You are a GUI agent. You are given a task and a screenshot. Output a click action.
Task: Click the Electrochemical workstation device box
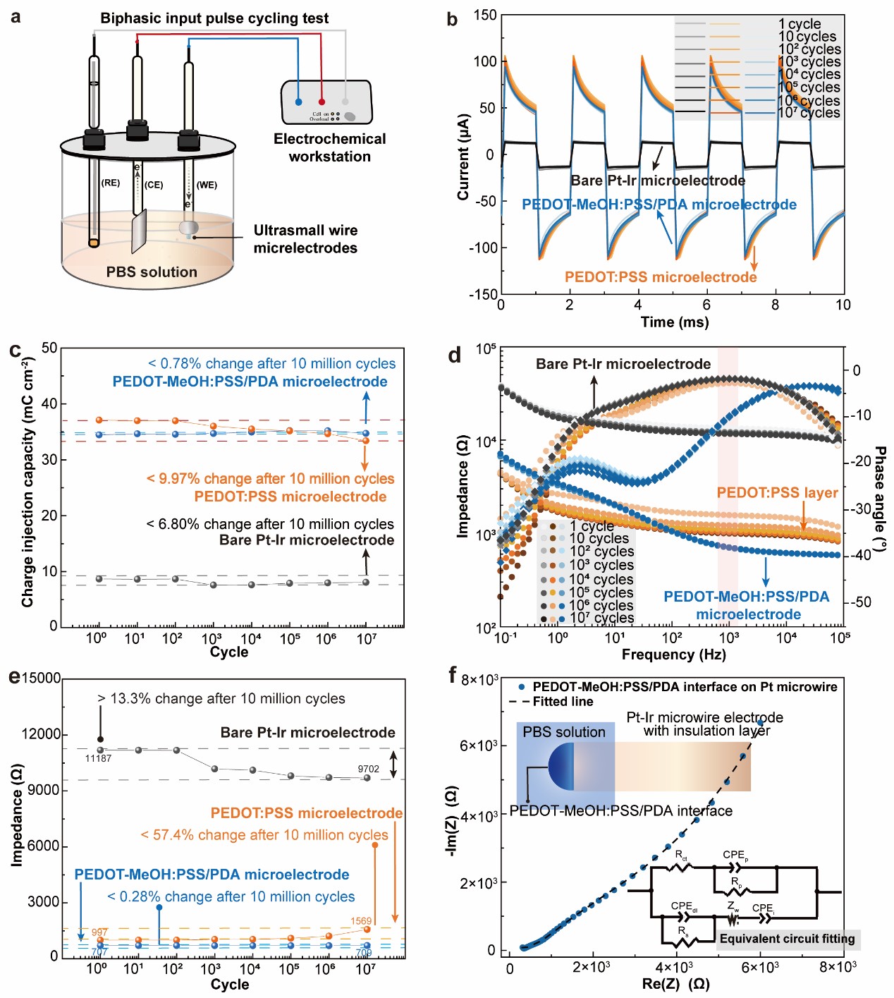[326, 102]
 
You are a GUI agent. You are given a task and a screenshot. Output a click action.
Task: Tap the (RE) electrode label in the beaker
[111, 183]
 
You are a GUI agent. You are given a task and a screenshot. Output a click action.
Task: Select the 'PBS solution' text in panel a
[152, 272]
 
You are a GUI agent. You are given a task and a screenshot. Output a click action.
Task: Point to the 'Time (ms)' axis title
[674, 322]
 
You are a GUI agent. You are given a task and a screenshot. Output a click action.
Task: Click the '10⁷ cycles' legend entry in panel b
[809, 113]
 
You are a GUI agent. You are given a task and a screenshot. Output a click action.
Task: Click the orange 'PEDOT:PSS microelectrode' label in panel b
[660, 277]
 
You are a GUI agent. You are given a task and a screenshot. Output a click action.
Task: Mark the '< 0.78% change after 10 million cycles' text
[271, 364]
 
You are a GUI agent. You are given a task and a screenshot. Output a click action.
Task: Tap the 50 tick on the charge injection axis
[49, 348]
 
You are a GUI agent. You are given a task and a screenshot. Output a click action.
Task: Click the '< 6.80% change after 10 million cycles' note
[270, 524]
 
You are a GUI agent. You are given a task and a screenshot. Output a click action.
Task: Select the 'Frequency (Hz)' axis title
[673, 655]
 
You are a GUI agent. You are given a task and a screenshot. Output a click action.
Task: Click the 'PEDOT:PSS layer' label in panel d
[777, 493]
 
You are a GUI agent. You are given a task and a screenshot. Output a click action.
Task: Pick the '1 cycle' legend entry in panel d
[592, 526]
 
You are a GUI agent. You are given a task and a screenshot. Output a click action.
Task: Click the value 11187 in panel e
[99, 758]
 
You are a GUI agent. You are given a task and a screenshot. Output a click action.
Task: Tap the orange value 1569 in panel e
[361, 921]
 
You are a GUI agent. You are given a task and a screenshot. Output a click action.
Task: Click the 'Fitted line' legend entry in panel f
[563, 702]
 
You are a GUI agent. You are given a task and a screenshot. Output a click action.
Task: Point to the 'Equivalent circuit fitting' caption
[787, 939]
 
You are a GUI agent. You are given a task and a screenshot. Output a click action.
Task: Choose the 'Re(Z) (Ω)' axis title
[675, 984]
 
